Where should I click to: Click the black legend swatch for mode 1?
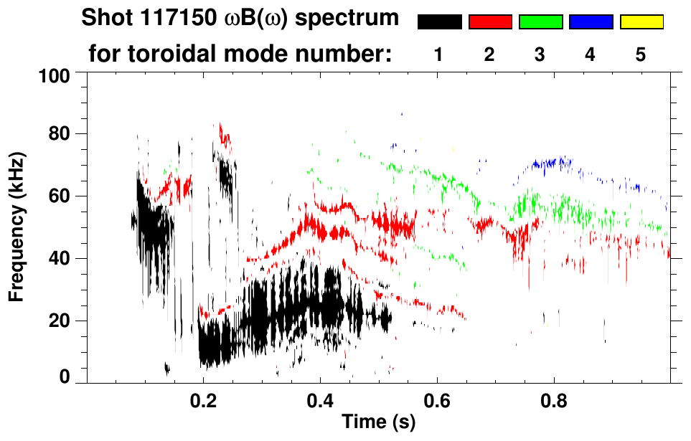click(439, 22)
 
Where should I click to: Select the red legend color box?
click(489, 22)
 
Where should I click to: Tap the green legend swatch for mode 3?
click(540, 22)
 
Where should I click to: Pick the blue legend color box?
click(591, 22)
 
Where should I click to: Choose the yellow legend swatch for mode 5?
click(641, 22)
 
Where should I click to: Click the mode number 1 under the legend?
click(439, 54)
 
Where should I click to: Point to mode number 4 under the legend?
click(591, 54)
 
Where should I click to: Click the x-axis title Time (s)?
click(377, 422)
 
